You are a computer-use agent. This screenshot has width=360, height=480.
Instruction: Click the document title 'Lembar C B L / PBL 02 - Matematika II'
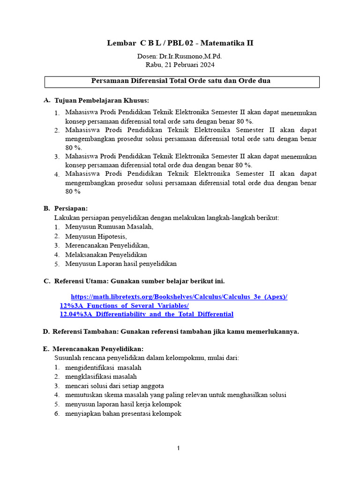(x=180, y=43)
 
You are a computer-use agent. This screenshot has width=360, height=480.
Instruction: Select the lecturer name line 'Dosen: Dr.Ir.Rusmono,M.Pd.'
(x=180, y=56)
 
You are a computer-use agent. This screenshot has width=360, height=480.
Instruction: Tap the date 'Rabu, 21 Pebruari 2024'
(x=180, y=65)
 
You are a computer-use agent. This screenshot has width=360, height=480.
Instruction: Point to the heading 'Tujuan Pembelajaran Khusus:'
(x=102, y=100)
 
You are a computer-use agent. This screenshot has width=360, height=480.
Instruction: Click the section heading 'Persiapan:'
(x=71, y=208)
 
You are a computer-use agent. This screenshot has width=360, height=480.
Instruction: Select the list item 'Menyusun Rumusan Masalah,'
(x=109, y=227)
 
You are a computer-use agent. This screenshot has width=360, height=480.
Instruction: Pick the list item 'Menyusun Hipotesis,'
(x=96, y=236)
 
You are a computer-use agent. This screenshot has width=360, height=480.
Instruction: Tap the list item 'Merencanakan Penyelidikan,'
(x=107, y=245)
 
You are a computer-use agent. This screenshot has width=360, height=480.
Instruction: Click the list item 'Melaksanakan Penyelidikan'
(x=106, y=255)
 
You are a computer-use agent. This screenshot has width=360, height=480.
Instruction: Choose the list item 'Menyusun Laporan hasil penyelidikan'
(x=121, y=264)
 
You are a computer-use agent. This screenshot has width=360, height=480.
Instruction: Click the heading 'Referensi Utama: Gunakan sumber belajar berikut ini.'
(x=139, y=281)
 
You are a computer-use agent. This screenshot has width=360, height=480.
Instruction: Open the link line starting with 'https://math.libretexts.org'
(x=179, y=297)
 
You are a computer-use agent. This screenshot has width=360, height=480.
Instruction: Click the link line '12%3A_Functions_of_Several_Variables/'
(x=124, y=306)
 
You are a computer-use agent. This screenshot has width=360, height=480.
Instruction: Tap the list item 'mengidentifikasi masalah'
(x=103, y=367)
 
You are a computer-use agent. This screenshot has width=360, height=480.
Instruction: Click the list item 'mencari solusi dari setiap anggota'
(x=114, y=386)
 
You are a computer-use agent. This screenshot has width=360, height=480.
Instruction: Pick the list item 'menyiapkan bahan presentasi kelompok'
(x=123, y=413)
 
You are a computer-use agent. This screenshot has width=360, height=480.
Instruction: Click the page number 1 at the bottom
(x=179, y=448)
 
